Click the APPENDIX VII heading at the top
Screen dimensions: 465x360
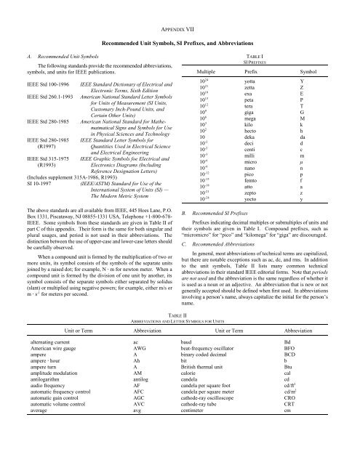tap(180, 12)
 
